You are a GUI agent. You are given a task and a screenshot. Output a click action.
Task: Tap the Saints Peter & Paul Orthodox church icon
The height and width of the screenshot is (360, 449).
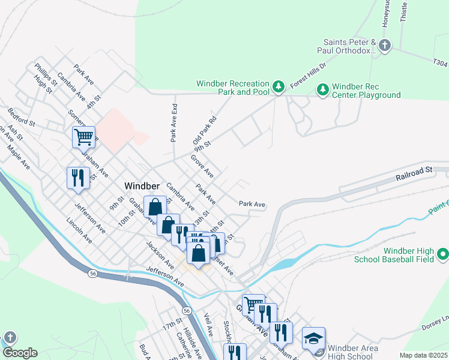(x=385, y=45)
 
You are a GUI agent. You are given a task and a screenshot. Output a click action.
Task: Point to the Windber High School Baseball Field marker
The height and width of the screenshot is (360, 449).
(x=443, y=254)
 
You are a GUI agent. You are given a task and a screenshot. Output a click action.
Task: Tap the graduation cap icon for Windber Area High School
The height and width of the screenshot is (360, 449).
(x=313, y=339)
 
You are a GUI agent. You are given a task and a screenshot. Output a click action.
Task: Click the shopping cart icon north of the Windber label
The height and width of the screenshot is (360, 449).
(x=83, y=137)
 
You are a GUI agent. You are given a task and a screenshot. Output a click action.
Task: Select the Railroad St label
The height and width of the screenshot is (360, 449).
(x=414, y=175)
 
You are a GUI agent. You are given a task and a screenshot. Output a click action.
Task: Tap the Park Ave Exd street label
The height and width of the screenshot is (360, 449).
(x=174, y=122)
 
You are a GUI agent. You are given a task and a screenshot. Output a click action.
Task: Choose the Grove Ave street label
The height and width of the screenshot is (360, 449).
(x=202, y=166)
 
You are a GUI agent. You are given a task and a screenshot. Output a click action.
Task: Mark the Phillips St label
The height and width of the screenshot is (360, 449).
(x=46, y=75)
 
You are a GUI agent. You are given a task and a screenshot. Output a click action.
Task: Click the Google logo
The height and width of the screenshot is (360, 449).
(x=20, y=353)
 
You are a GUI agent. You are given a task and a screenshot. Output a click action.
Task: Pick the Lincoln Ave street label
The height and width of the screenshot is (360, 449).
(x=79, y=230)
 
